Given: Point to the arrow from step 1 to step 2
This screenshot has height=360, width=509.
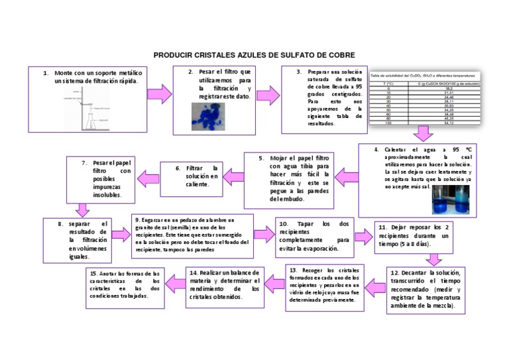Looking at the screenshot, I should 159,94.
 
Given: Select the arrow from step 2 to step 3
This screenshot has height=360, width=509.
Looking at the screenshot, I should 267,95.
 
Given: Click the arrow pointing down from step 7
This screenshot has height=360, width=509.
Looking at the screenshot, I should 82,210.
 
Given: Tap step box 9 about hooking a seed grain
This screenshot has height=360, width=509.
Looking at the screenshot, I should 194,235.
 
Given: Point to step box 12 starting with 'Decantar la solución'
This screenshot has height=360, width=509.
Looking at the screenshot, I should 425,289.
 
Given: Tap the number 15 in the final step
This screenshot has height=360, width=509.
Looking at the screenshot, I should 93,273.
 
